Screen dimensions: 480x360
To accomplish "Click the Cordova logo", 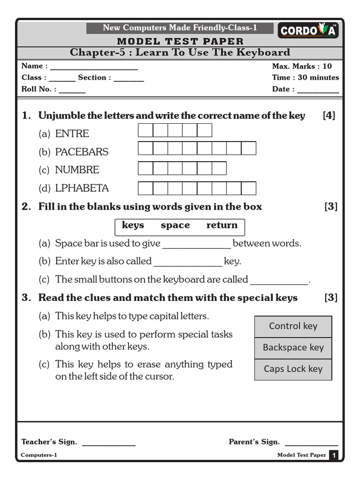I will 308,31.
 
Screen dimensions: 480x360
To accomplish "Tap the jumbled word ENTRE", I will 72,134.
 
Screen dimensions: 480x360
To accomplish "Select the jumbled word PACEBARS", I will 82,152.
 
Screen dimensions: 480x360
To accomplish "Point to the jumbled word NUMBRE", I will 77,170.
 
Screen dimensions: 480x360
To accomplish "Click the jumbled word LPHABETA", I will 82,188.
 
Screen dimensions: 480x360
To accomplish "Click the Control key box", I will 293,326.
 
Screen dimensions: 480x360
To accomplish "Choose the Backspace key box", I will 293,347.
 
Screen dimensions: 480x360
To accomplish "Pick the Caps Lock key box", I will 293,369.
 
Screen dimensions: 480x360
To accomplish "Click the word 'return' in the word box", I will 222,225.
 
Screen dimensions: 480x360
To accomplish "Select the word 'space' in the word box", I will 175,225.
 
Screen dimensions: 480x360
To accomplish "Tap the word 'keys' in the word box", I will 133,225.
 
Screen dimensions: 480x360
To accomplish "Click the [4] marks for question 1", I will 329,115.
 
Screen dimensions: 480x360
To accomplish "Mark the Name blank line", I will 94,68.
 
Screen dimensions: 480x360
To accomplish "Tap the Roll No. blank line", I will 72,92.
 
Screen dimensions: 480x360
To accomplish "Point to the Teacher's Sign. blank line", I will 109,444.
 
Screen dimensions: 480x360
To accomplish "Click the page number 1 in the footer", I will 334,455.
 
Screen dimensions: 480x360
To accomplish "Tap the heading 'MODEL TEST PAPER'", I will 180,42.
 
